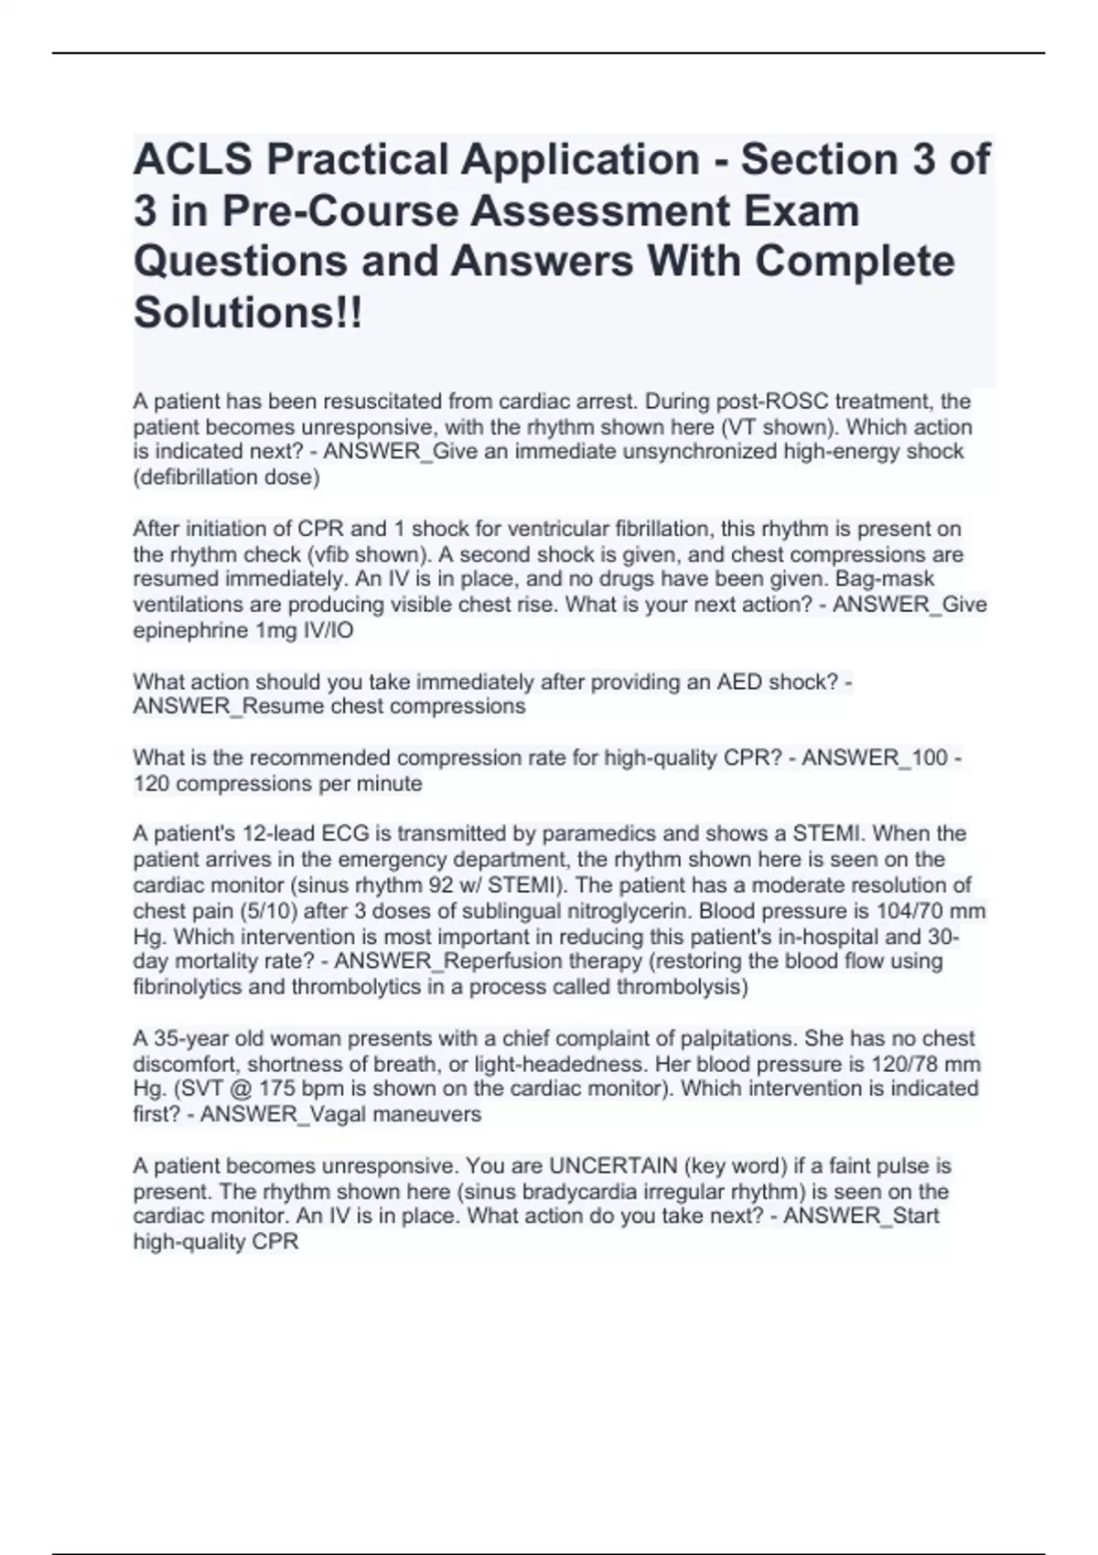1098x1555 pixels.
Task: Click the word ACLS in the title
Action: click(x=193, y=159)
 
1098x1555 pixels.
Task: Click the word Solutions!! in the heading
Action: click(x=248, y=313)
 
